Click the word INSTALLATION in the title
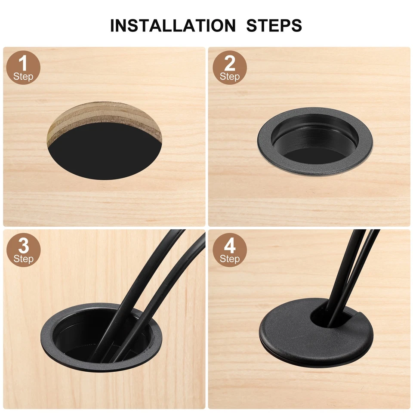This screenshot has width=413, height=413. tap(173, 25)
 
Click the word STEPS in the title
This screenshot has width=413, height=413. tap(274, 25)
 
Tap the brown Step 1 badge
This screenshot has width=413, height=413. tap(23, 68)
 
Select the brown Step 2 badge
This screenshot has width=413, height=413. tap(230, 68)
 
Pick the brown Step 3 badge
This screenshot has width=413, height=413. tap(23, 250)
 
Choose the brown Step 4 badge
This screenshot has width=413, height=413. tap(230, 250)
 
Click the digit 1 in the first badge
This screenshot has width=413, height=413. tap(23, 63)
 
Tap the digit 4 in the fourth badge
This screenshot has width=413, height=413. tap(230, 246)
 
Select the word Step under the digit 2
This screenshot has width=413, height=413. tap(230, 77)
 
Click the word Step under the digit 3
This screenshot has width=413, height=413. tap(23, 259)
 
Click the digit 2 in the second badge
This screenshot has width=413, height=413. tap(230, 63)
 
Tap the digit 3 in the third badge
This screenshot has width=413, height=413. tap(23, 246)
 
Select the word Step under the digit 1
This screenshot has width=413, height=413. tap(23, 77)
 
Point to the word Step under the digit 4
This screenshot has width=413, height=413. tap(230, 259)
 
